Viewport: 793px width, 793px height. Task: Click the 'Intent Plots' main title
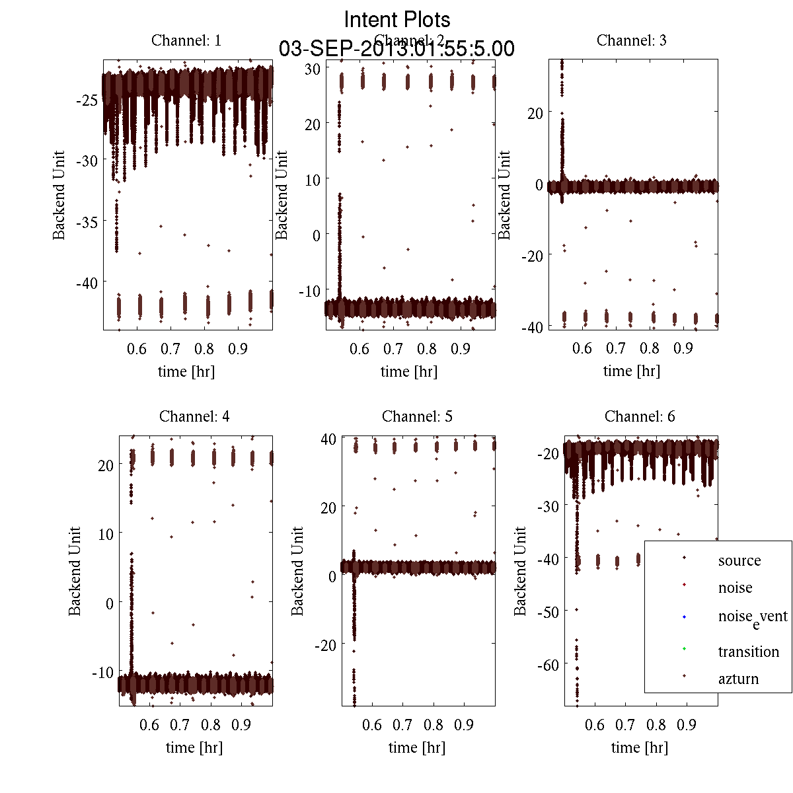pyautogui.click(x=397, y=19)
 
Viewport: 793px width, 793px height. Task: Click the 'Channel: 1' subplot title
pyautogui.click(x=186, y=40)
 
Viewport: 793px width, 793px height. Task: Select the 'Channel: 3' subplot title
pyautogui.click(x=631, y=40)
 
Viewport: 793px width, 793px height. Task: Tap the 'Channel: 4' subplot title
pyautogui.click(x=194, y=416)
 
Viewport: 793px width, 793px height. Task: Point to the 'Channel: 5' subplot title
pyautogui.click(x=417, y=416)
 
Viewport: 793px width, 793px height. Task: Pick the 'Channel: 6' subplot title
pyautogui.click(x=640, y=416)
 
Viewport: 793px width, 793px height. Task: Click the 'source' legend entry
pyautogui.click(x=739, y=560)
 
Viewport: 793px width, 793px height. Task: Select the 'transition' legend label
pyautogui.click(x=748, y=652)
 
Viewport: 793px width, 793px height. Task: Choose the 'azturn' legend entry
pyautogui.click(x=738, y=679)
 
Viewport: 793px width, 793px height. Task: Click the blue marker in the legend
pyautogui.click(x=684, y=617)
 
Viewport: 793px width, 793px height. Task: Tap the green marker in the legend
pyautogui.click(x=684, y=649)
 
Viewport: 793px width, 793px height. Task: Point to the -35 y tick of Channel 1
pyautogui.click(x=87, y=222)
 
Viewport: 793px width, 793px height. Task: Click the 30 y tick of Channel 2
pyautogui.click(x=313, y=69)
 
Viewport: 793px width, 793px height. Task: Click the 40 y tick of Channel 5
pyautogui.click(x=328, y=439)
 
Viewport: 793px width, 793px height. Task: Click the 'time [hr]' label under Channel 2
pyautogui.click(x=409, y=371)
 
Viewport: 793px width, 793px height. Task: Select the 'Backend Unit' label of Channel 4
pyautogui.click(x=75, y=571)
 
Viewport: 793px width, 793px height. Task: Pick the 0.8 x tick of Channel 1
pyautogui.click(x=204, y=348)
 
